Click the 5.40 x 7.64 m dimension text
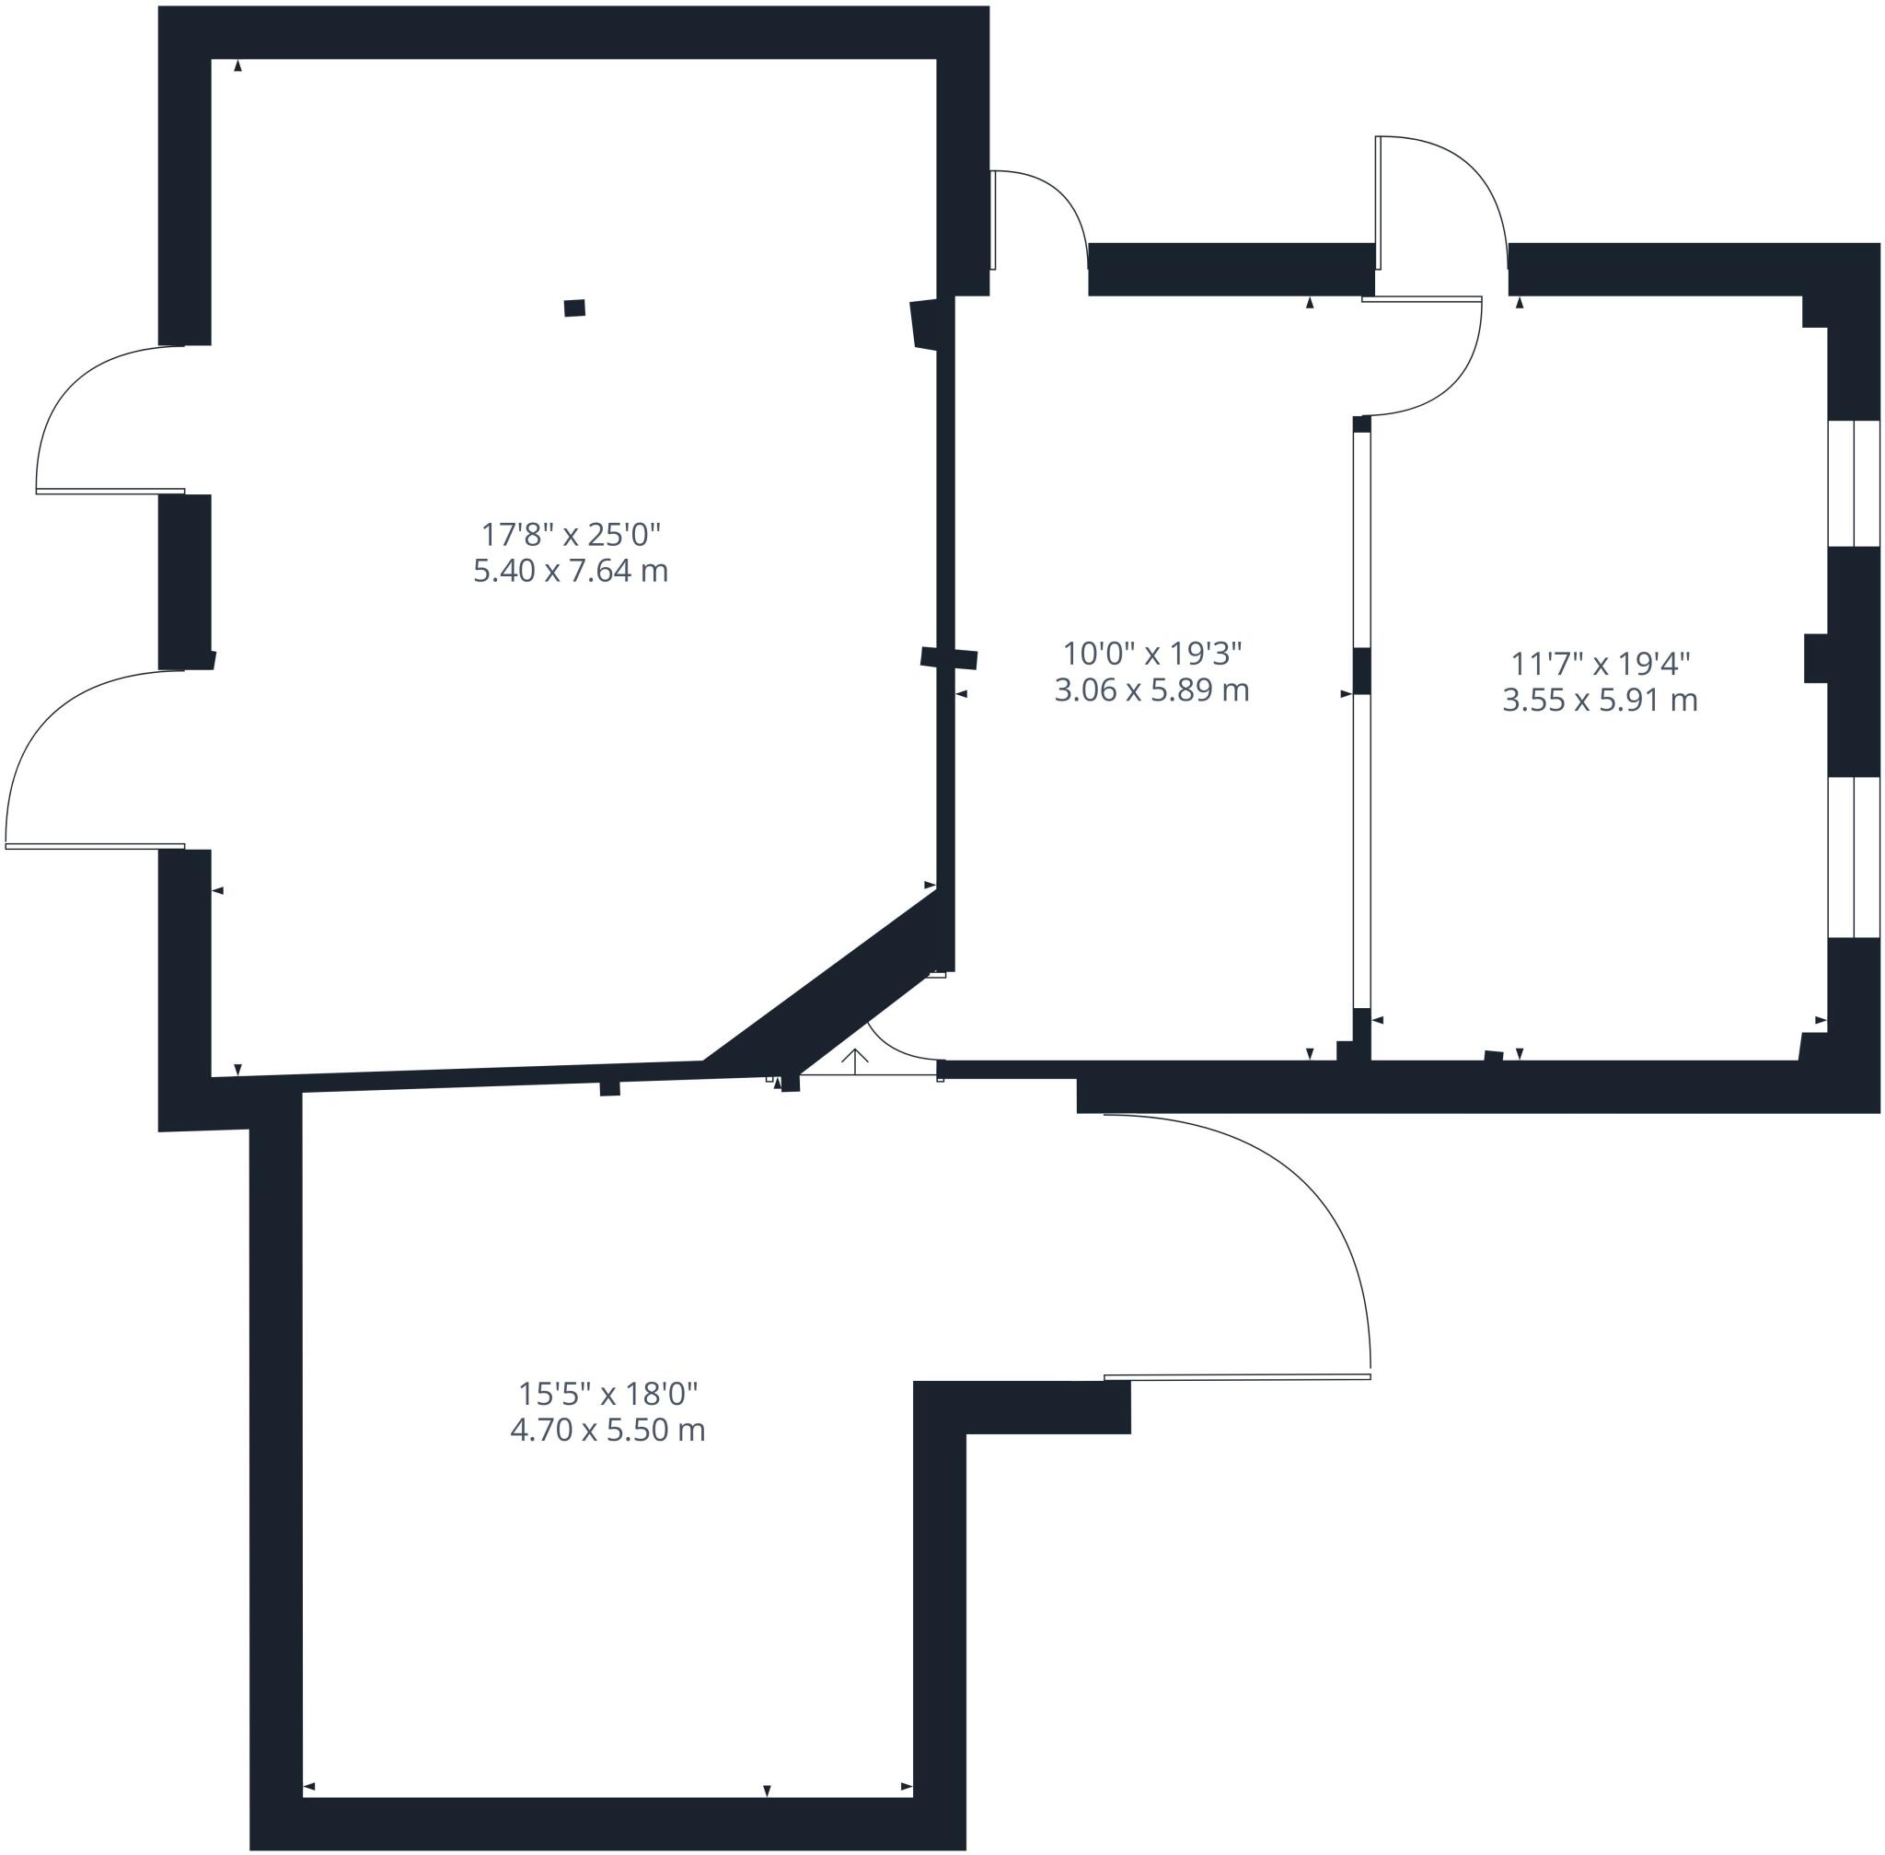pyautogui.click(x=570, y=570)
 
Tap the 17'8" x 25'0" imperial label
pyautogui.click(x=571, y=534)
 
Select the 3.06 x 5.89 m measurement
pyautogui.click(x=1151, y=690)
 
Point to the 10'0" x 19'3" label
pyautogui.click(x=1151, y=653)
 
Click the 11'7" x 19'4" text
pyautogui.click(x=1600, y=664)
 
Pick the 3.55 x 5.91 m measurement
pyautogui.click(x=1600, y=700)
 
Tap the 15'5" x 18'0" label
pyautogui.click(x=607, y=1393)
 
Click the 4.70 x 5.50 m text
pyautogui.click(x=607, y=1430)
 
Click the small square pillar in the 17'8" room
pyautogui.click(x=574, y=307)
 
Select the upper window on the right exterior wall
pyautogui.click(x=1853, y=483)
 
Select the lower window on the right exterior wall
pyautogui.click(x=1853, y=857)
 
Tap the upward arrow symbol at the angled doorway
pyautogui.click(x=854, y=1061)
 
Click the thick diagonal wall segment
pyautogui.click(x=828, y=984)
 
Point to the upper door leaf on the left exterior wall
pyautogui.click(x=110, y=491)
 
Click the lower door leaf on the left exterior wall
pyautogui.click(x=95, y=846)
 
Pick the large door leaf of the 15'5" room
pyautogui.click(x=1237, y=1376)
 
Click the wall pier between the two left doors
pyautogui.click(x=185, y=582)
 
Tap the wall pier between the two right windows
pyautogui.click(x=1853, y=662)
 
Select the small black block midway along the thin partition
pyautogui.click(x=1362, y=670)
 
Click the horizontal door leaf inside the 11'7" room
pyautogui.click(x=1421, y=299)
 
